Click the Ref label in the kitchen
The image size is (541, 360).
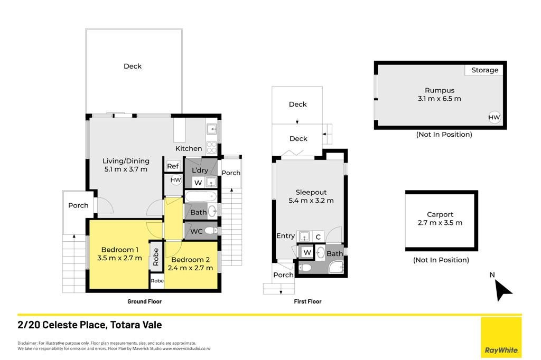[x=173, y=166]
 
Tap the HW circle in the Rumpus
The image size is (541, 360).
[x=494, y=117]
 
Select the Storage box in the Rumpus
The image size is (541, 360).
[x=484, y=70]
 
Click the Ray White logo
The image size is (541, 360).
[x=501, y=338]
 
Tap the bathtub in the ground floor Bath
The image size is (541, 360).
[x=201, y=197]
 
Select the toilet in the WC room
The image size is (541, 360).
[x=210, y=231]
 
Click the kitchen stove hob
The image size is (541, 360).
[x=211, y=147]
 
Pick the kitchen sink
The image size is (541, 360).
[x=211, y=129]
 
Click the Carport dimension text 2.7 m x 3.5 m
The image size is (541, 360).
[x=440, y=223]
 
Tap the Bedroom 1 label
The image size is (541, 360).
[x=120, y=250]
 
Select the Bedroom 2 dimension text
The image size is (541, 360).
[x=190, y=268]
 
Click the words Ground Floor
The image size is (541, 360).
[x=144, y=301]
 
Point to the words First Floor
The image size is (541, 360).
[x=307, y=301]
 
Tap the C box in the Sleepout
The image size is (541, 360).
[x=318, y=236]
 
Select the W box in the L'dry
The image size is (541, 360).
[x=198, y=183]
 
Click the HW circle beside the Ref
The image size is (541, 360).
[x=175, y=179]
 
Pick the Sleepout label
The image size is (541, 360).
[x=311, y=193]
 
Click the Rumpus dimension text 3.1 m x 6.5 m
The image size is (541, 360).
[x=439, y=99]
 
